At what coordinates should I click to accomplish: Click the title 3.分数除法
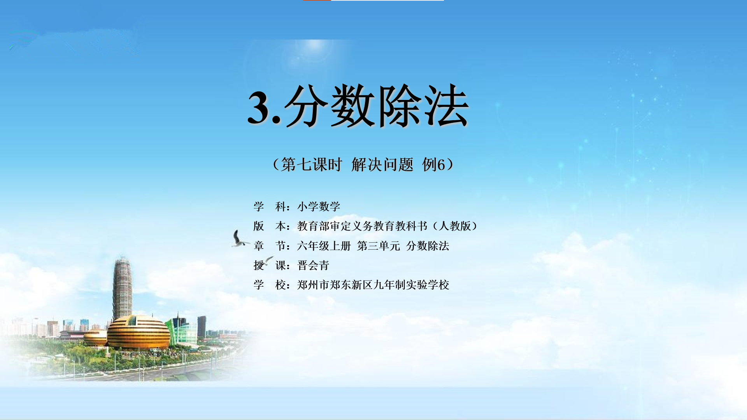[358, 106]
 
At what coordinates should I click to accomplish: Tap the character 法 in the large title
[446, 106]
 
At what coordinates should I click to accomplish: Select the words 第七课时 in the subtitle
[311, 164]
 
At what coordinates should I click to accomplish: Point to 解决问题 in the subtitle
[382, 164]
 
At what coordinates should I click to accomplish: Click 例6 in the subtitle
[433, 164]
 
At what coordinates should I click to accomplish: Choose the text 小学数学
[319, 206]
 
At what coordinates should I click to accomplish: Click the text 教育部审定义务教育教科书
[362, 226]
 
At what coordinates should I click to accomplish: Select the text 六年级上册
[324, 246]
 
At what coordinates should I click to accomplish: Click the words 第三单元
[379, 246]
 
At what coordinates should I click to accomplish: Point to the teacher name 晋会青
[313, 265]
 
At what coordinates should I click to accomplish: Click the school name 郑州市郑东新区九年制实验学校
[373, 285]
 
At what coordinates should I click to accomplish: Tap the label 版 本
[270, 226]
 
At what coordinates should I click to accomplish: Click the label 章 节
[270, 246]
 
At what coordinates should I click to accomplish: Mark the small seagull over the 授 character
[268, 260]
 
